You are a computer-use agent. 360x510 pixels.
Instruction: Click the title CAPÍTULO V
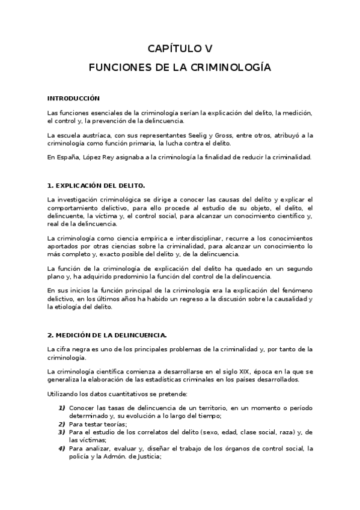[180, 49]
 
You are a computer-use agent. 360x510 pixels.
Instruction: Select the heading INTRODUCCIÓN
[73, 97]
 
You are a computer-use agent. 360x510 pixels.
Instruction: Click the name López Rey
[95, 158]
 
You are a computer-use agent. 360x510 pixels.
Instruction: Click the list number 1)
[61, 409]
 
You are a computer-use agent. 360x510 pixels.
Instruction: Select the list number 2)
[61, 424]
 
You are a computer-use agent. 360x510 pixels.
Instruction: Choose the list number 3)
[61, 432]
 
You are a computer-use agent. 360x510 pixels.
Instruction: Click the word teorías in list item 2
[98, 424]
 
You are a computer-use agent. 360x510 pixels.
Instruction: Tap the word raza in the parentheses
[283, 432]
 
